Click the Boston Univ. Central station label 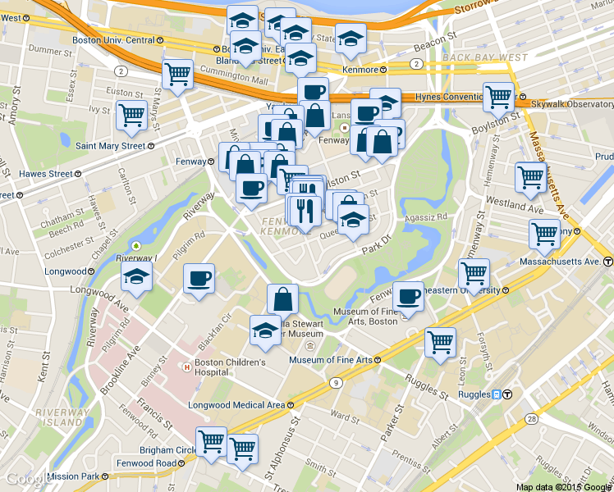coord(113,39)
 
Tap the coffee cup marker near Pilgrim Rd coord(199,280)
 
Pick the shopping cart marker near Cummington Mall coord(177,74)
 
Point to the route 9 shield coord(336,383)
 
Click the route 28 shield coord(532,419)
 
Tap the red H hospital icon coord(187,367)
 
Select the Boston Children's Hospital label coord(231,367)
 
